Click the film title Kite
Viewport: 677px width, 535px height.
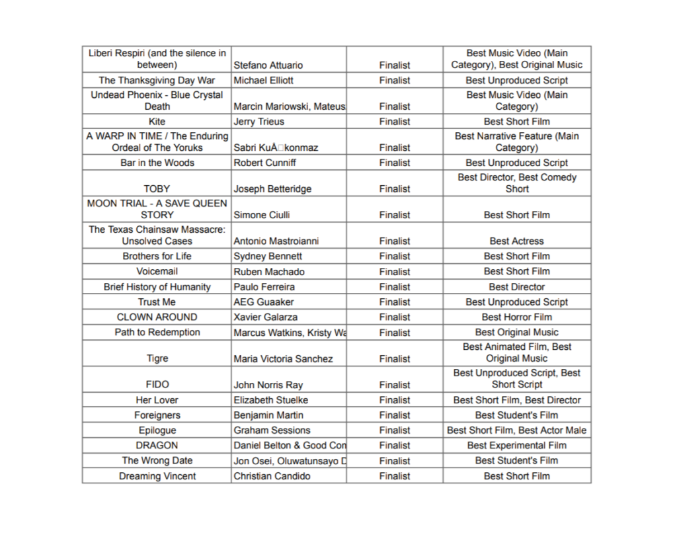157,122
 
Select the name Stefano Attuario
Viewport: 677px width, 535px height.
268,65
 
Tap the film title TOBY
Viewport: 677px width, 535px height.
157,189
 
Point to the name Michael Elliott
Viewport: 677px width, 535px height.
263,81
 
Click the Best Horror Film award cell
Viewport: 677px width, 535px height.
516,317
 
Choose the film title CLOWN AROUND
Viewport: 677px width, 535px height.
157,317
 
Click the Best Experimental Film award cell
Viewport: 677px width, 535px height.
516,446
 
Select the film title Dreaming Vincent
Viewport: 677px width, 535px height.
157,476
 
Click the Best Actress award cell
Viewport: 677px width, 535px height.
516,241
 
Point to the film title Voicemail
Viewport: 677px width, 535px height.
157,272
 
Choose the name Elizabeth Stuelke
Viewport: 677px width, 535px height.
270,400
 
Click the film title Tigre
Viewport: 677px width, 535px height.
157,359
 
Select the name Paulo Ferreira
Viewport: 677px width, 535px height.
264,287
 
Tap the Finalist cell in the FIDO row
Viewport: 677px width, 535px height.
395,385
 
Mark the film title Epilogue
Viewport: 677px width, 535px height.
157,431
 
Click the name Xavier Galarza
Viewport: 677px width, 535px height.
265,317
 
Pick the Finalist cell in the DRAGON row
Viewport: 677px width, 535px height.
395,446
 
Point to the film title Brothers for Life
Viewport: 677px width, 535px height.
157,257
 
